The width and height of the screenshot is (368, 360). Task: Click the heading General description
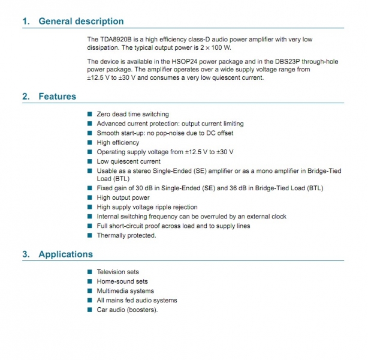81,22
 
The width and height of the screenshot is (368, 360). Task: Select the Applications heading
65,254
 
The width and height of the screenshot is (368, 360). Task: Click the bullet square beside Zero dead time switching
90,114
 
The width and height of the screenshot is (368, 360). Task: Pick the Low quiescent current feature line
128,161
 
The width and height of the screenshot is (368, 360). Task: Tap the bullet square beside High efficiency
90,143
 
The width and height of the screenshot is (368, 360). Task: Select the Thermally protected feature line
126,236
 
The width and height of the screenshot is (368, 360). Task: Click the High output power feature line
123,198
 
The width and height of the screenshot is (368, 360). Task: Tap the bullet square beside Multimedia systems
90,291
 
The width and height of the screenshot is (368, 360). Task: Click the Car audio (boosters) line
127,310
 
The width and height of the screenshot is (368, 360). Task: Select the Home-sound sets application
122,281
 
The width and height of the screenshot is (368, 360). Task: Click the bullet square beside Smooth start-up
90,133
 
